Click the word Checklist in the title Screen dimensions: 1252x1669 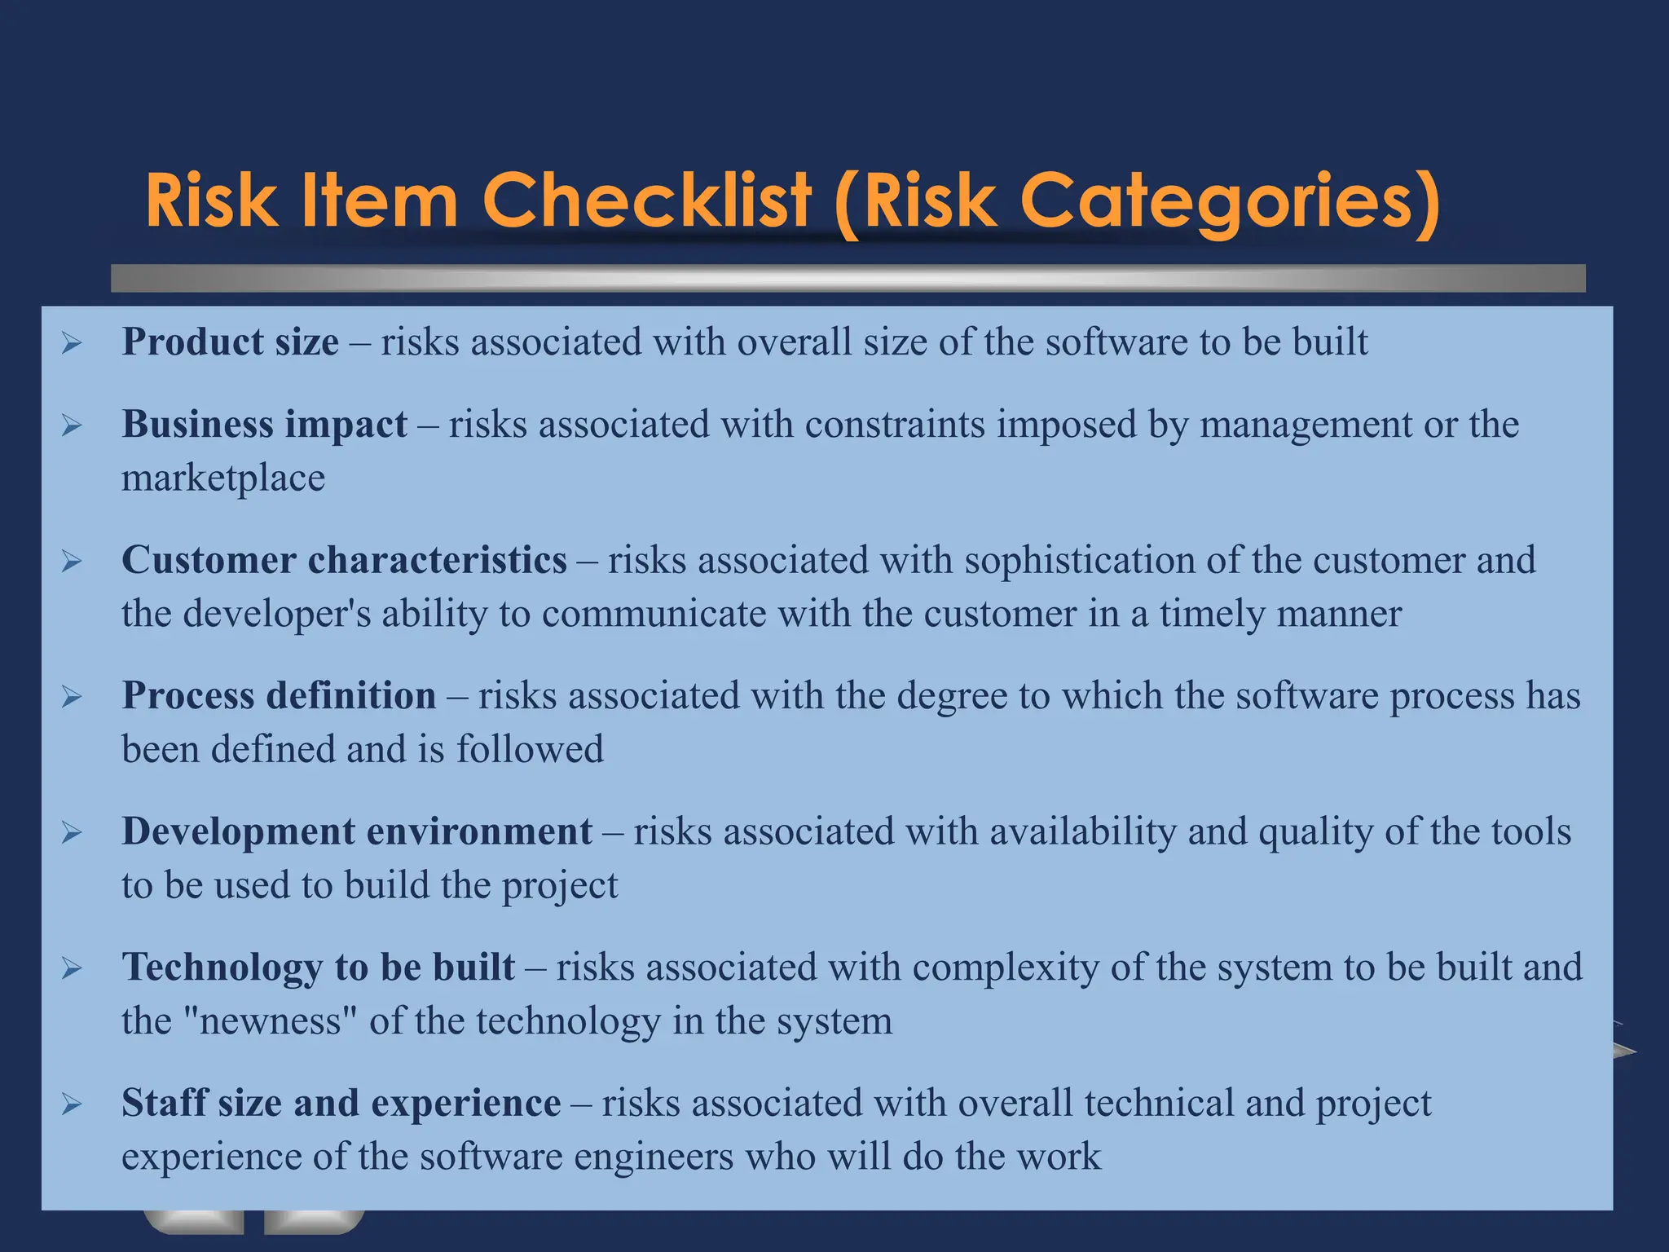pyautogui.click(x=647, y=201)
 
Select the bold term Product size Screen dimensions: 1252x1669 pyautogui.click(x=230, y=342)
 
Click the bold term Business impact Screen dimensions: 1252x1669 pyautogui.click(x=264, y=425)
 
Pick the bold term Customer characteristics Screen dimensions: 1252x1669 pyautogui.click(x=344, y=560)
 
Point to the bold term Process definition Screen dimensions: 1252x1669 pyautogui.click(x=279, y=696)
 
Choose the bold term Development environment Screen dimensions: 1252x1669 pyautogui.click(x=357, y=831)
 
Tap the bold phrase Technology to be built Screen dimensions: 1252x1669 pyautogui.click(x=318, y=968)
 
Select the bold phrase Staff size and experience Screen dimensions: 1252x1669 pyautogui.click(x=341, y=1103)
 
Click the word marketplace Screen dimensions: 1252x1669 pyautogui.click(x=223, y=478)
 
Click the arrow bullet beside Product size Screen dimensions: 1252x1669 pyautogui.click(x=72, y=343)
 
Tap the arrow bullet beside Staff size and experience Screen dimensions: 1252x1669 pyautogui.click(x=72, y=1104)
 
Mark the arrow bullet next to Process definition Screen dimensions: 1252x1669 pyautogui.click(x=72, y=698)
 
